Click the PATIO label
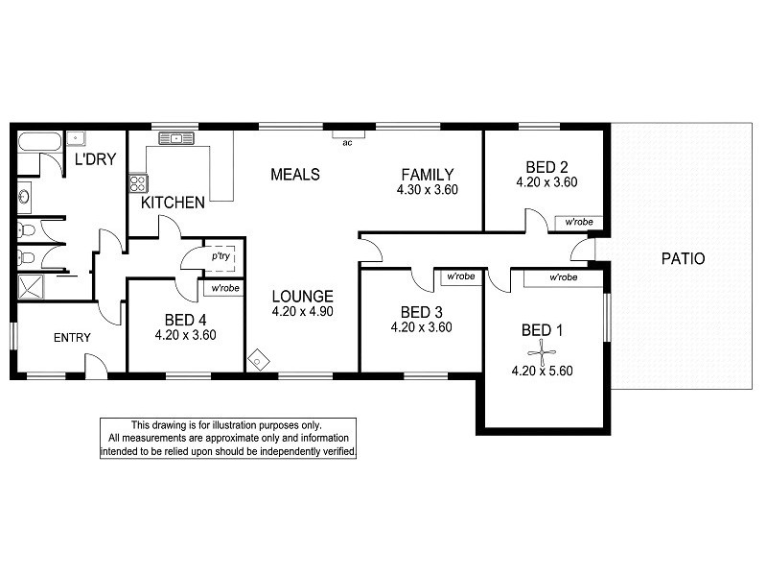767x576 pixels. click(x=683, y=258)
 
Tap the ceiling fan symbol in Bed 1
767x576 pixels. click(x=542, y=352)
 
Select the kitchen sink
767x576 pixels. click(x=176, y=138)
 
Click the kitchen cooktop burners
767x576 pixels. click(x=138, y=183)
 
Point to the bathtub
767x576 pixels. click(x=39, y=141)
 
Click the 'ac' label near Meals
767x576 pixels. click(x=347, y=143)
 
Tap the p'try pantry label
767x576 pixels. click(x=221, y=255)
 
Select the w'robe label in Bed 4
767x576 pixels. click(x=225, y=288)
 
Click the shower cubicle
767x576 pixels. click(x=31, y=286)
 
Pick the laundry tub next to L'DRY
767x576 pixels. click(x=76, y=138)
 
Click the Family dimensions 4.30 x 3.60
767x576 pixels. click(x=427, y=190)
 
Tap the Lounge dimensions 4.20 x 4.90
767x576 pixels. click(x=302, y=311)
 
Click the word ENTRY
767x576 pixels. click(x=72, y=338)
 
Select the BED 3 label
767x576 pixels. click(x=421, y=312)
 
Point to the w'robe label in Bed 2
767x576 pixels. click(x=579, y=222)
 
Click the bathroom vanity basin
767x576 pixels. click(x=24, y=197)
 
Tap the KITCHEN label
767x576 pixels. click(x=173, y=203)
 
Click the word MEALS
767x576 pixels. click(x=295, y=175)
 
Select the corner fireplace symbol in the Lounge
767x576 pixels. click(x=258, y=361)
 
